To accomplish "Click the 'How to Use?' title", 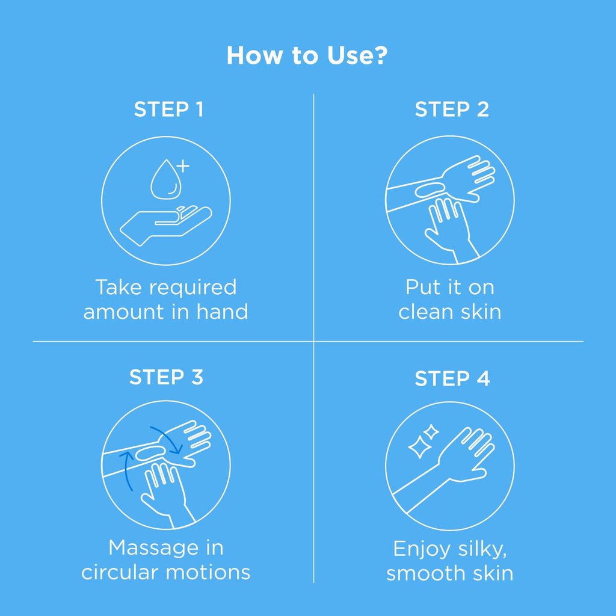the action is pyautogui.click(x=307, y=55).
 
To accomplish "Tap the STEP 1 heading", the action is pyautogui.click(x=169, y=109).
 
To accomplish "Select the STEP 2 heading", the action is pyautogui.click(x=452, y=109).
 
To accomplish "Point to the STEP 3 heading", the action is pyautogui.click(x=166, y=377).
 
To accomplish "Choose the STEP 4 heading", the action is pyautogui.click(x=452, y=379).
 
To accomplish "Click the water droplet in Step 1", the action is pyautogui.click(x=166, y=179).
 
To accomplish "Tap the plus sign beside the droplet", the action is pyautogui.click(x=183, y=166).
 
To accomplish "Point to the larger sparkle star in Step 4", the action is pyautogui.click(x=419, y=447).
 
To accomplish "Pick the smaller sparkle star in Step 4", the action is pyautogui.click(x=431, y=432).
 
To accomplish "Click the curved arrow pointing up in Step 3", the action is pyautogui.click(x=126, y=470).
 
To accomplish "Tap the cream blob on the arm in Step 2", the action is pyautogui.click(x=431, y=189).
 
